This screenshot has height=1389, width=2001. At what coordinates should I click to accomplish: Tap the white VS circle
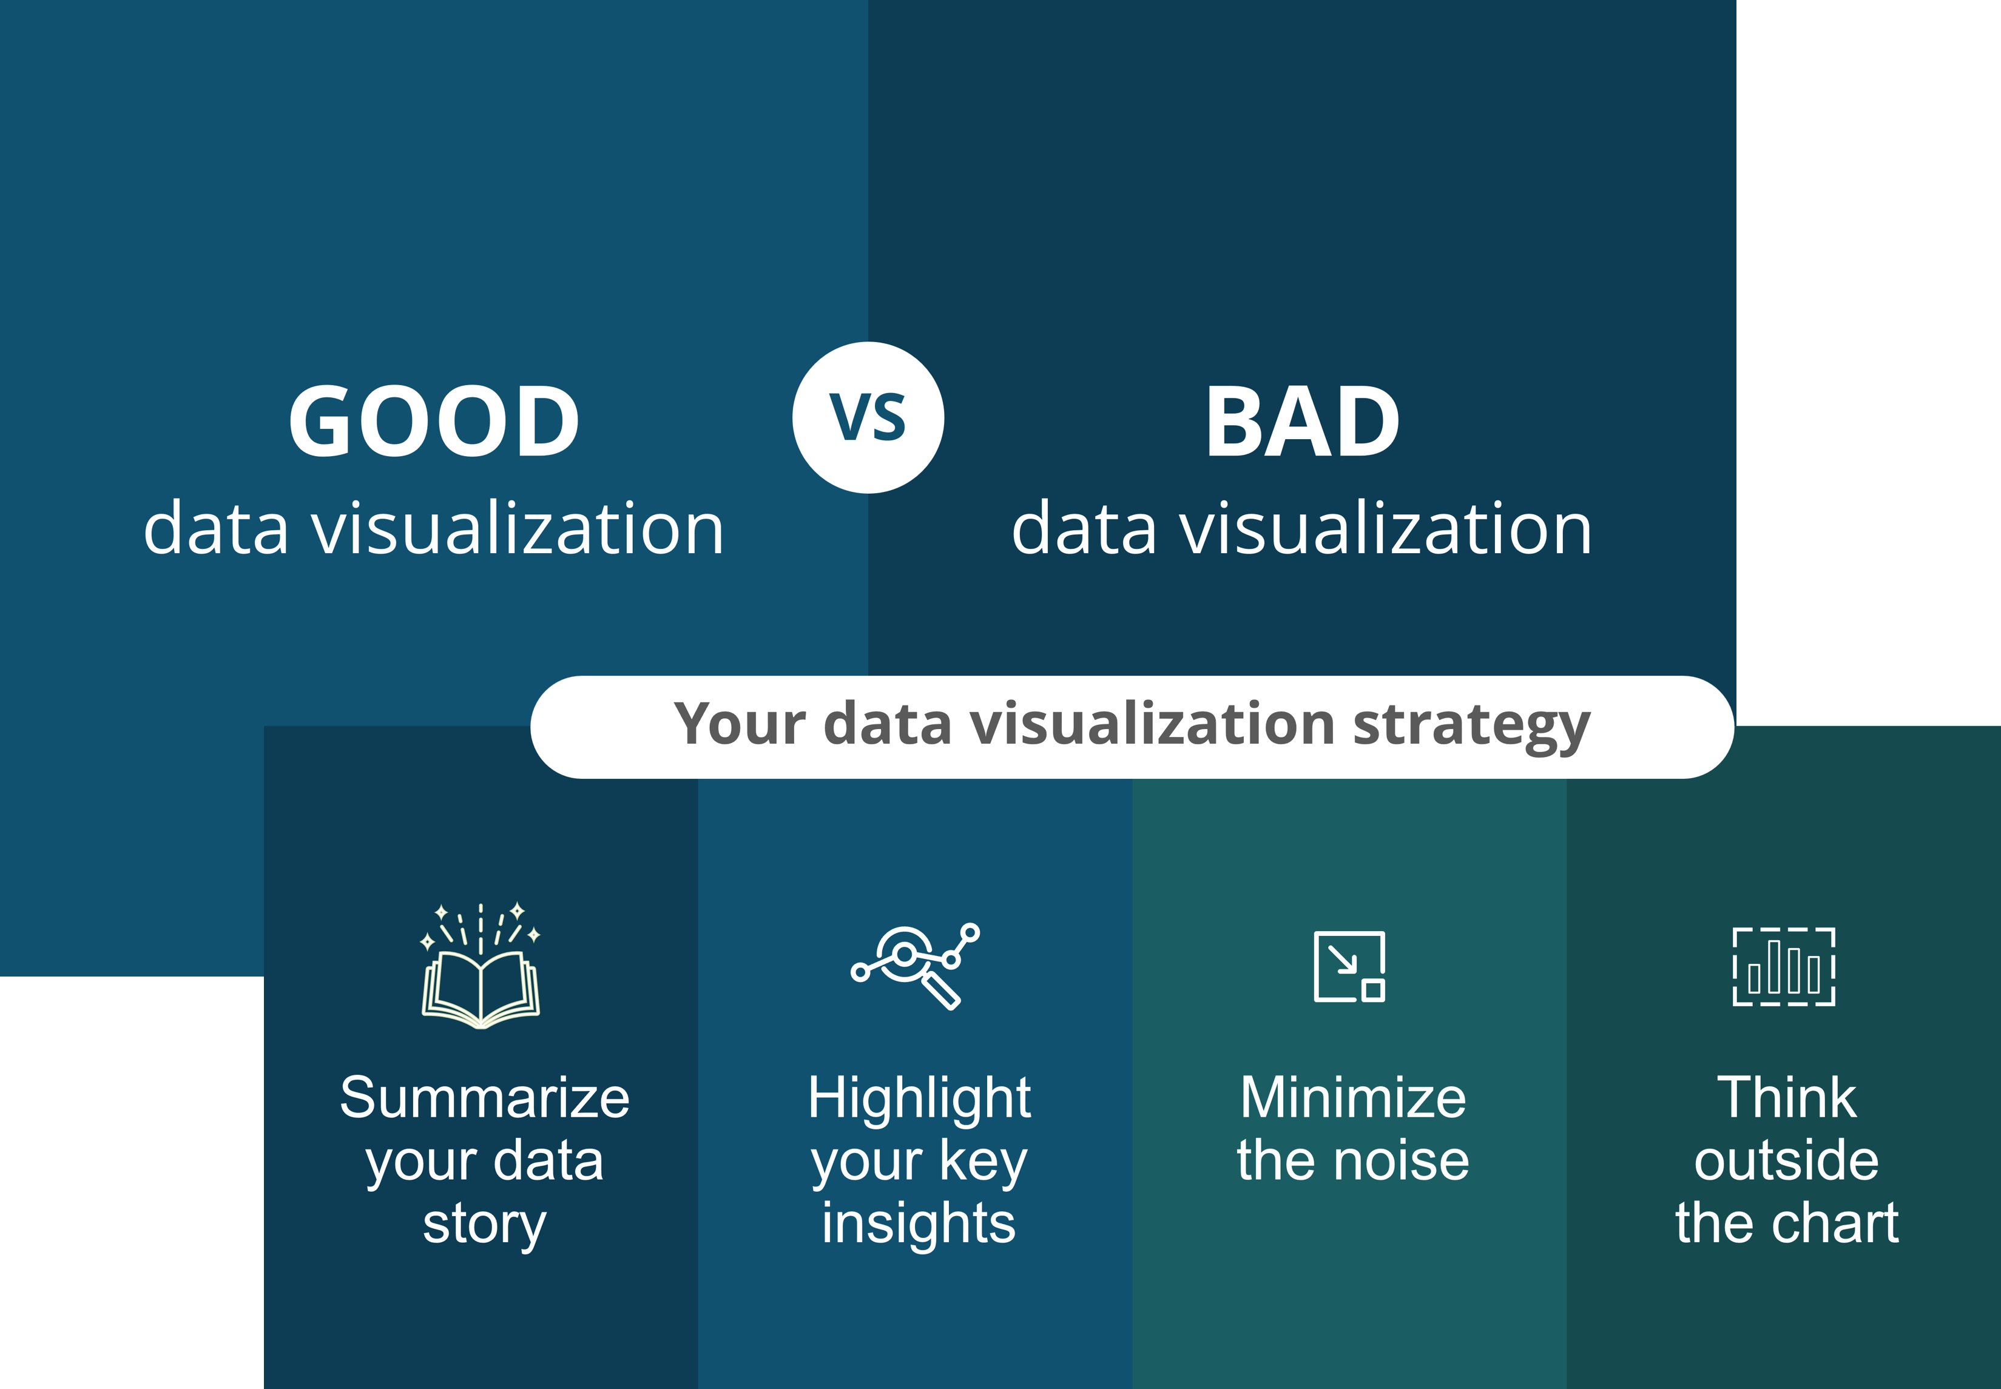[868, 418]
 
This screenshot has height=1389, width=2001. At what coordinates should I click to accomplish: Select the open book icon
[481, 966]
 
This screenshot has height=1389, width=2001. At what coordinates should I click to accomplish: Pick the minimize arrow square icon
[1349, 966]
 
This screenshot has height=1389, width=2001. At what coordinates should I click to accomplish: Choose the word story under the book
[485, 1225]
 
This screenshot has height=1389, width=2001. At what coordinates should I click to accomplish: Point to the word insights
[919, 1223]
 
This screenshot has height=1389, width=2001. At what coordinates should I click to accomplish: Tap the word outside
[1787, 1160]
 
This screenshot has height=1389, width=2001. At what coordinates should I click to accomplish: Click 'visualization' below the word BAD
[1386, 528]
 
